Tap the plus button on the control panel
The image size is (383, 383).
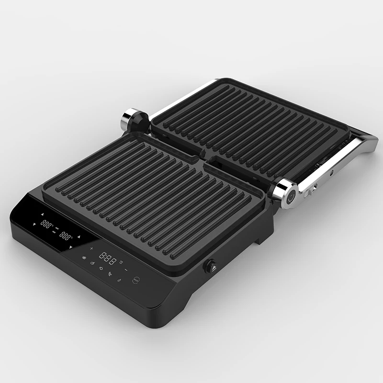click(x=91, y=248)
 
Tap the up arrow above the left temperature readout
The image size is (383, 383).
click(x=42, y=214)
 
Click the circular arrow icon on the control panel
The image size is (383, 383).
click(x=101, y=268)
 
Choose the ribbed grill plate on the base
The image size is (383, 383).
click(x=153, y=201)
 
